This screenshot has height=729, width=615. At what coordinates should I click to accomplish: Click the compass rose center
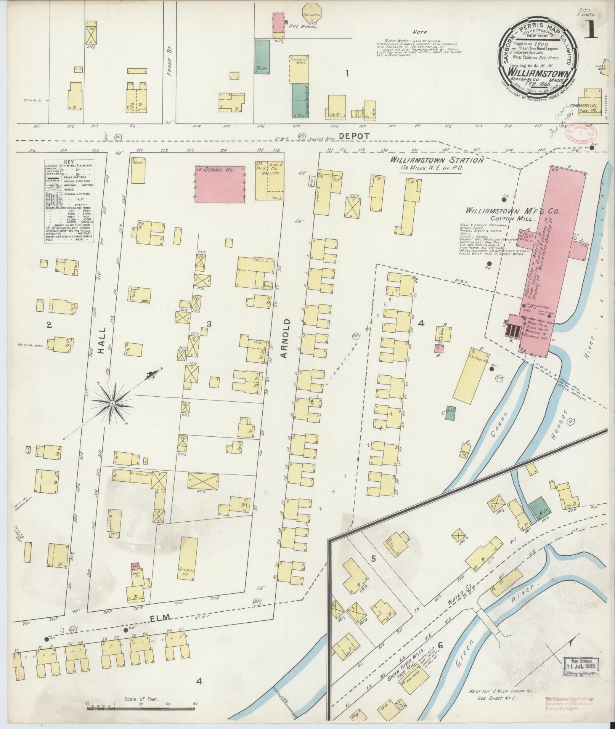point(112,403)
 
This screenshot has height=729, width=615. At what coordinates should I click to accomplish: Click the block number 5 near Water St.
point(373,559)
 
